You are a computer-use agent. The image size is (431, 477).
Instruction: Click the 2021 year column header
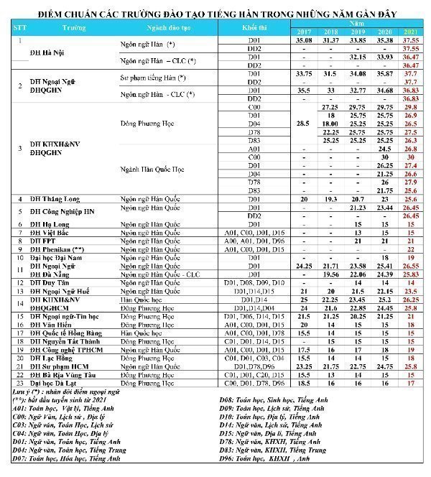point(412,33)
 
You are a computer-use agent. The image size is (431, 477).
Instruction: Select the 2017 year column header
point(305,33)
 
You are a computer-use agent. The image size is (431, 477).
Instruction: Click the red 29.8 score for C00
point(412,106)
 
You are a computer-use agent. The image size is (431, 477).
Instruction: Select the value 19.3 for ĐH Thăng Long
point(330,199)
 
